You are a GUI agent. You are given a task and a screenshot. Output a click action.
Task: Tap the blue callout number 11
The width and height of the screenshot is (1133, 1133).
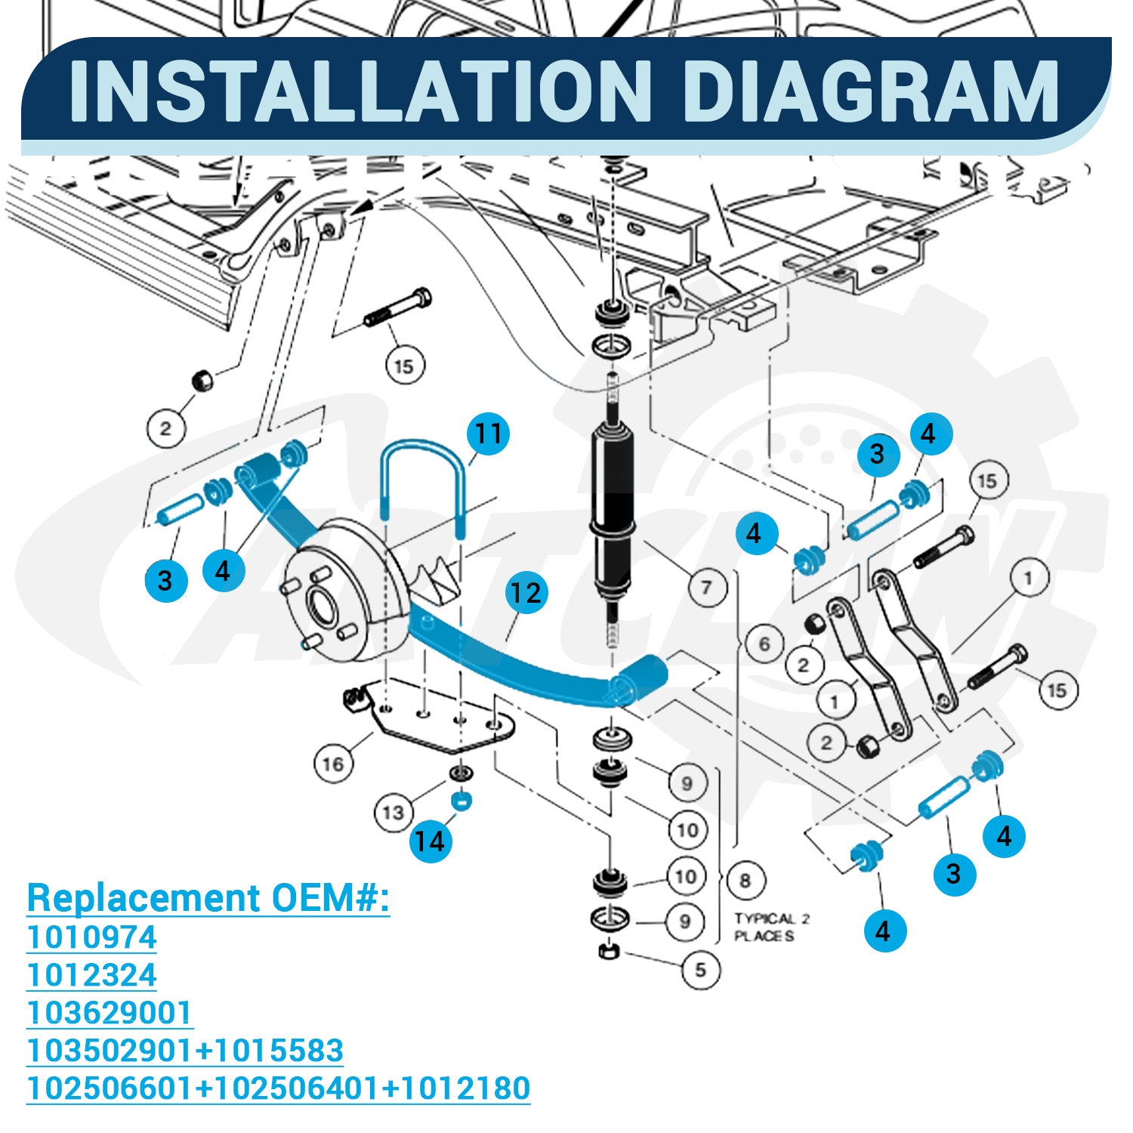[x=488, y=434]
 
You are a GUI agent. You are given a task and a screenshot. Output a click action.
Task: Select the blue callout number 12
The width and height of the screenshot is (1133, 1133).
[x=525, y=592]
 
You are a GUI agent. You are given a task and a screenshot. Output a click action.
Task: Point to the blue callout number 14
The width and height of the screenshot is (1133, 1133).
[x=431, y=841]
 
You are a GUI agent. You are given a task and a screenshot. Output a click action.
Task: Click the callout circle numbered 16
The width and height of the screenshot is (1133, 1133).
[x=333, y=764]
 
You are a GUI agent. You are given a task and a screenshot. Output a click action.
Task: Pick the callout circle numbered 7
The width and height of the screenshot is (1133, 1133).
[x=706, y=587]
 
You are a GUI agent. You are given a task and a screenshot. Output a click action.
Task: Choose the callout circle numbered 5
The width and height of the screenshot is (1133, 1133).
[x=700, y=969]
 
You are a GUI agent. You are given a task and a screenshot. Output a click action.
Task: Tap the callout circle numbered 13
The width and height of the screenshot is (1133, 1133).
[x=394, y=813]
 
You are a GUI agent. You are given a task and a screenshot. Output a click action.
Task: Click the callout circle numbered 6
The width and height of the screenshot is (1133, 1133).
[x=764, y=644]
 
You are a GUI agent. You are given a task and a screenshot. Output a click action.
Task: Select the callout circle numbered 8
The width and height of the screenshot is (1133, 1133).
[x=746, y=881]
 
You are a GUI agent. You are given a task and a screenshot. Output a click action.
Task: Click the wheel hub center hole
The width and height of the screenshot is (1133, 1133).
[x=323, y=604]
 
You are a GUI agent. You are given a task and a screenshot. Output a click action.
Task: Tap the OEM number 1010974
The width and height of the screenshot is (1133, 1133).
[x=91, y=937]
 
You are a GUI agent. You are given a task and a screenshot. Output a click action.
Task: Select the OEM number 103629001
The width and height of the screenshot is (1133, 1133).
[x=110, y=1013]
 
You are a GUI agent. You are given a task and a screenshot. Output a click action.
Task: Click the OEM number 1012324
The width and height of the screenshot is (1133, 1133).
[x=91, y=975]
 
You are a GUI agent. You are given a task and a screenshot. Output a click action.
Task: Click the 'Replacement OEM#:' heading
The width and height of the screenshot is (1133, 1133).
[x=208, y=898]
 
